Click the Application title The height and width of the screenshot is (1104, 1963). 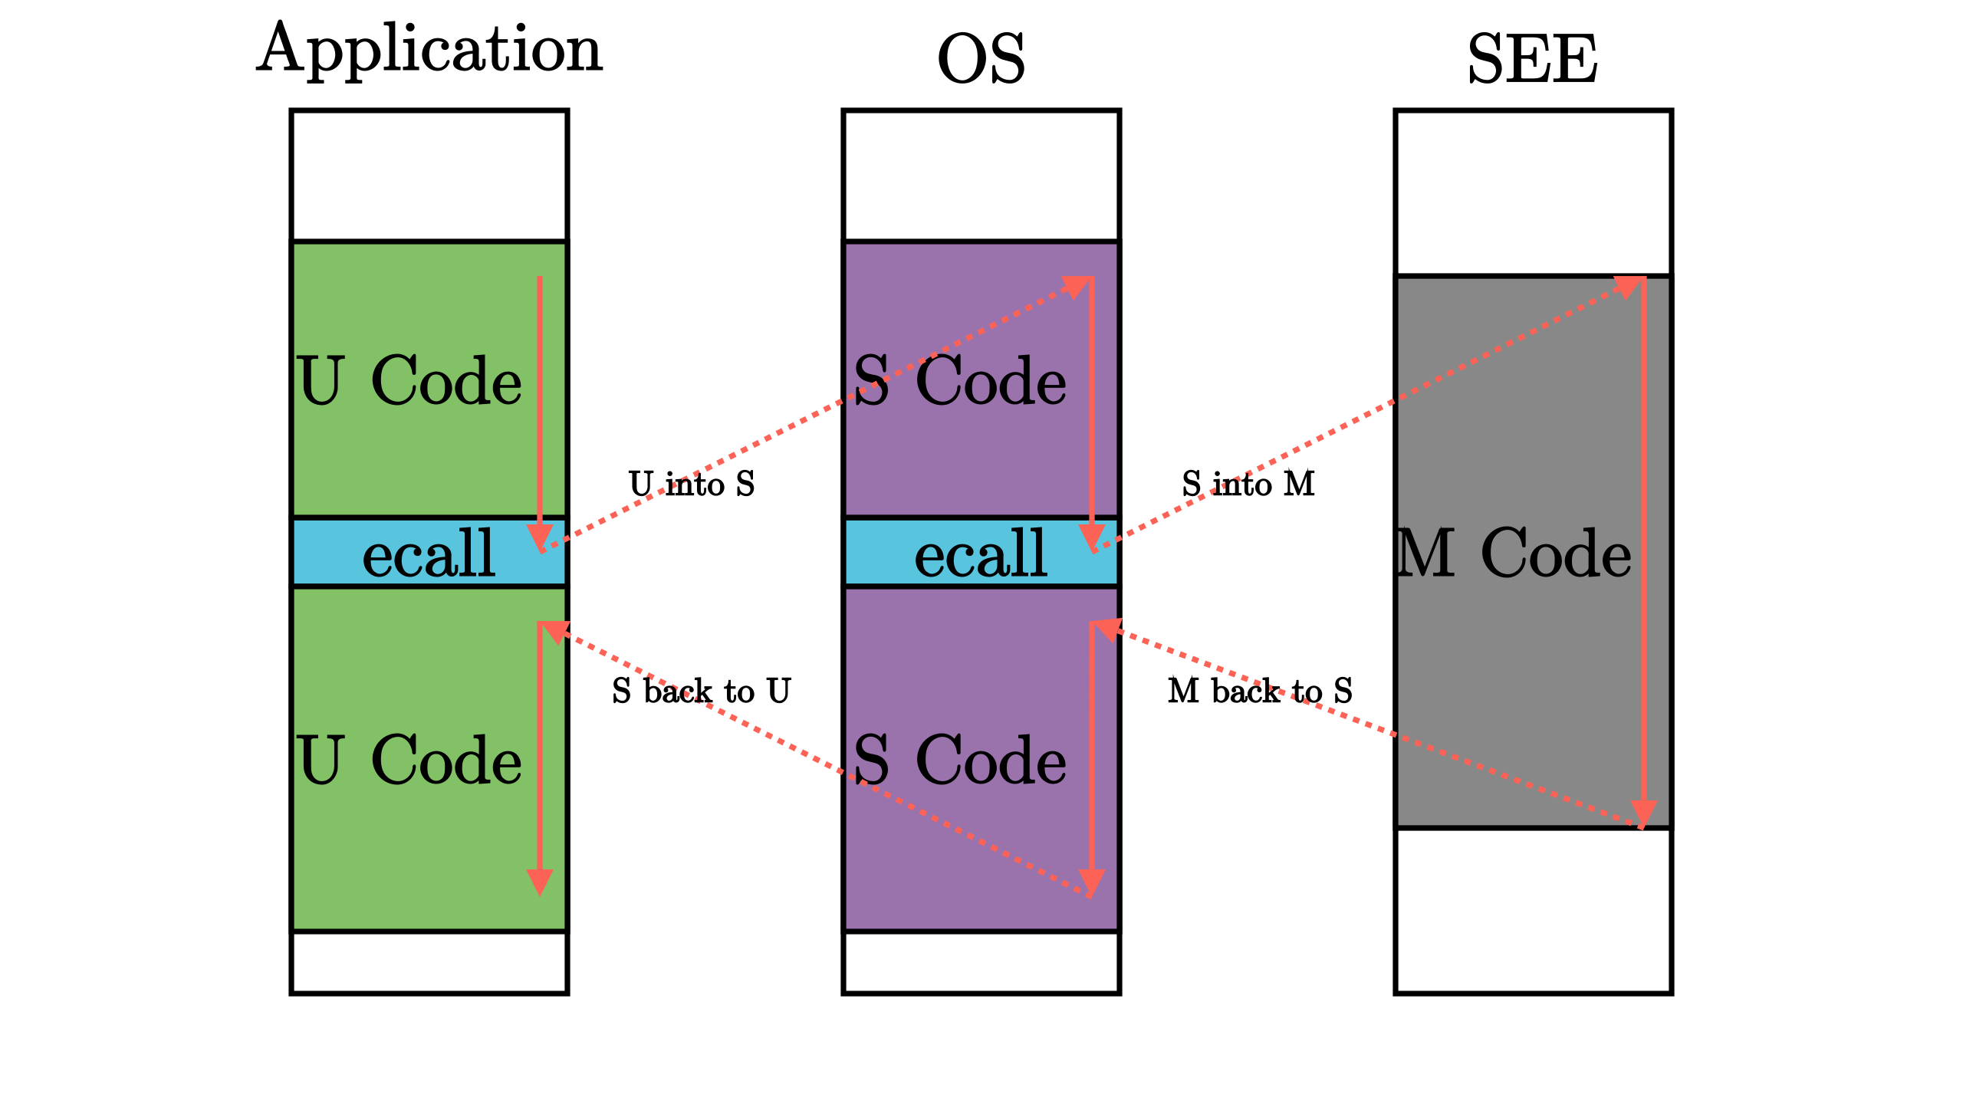click(x=429, y=51)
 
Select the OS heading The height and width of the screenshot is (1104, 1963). click(x=981, y=60)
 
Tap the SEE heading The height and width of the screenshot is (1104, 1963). click(x=1533, y=60)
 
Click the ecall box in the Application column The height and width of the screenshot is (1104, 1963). click(x=429, y=554)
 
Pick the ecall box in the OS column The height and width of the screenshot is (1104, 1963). click(x=981, y=554)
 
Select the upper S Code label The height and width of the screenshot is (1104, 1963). click(x=959, y=381)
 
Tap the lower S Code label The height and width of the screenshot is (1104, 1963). click(x=959, y=761)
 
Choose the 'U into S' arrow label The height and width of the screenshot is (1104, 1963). click(x=692, y=485)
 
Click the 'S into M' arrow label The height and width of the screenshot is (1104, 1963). click(x=1248, y=485)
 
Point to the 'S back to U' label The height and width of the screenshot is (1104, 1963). click(x=701, y=692)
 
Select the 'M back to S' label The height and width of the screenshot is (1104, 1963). click(x=1260, y=692)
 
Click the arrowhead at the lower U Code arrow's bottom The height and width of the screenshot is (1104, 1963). click(x=540, y=882)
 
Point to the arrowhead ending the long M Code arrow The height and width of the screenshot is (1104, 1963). click(x=1643, y=813)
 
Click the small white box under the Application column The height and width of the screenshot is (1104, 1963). click(x=429, y=963)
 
